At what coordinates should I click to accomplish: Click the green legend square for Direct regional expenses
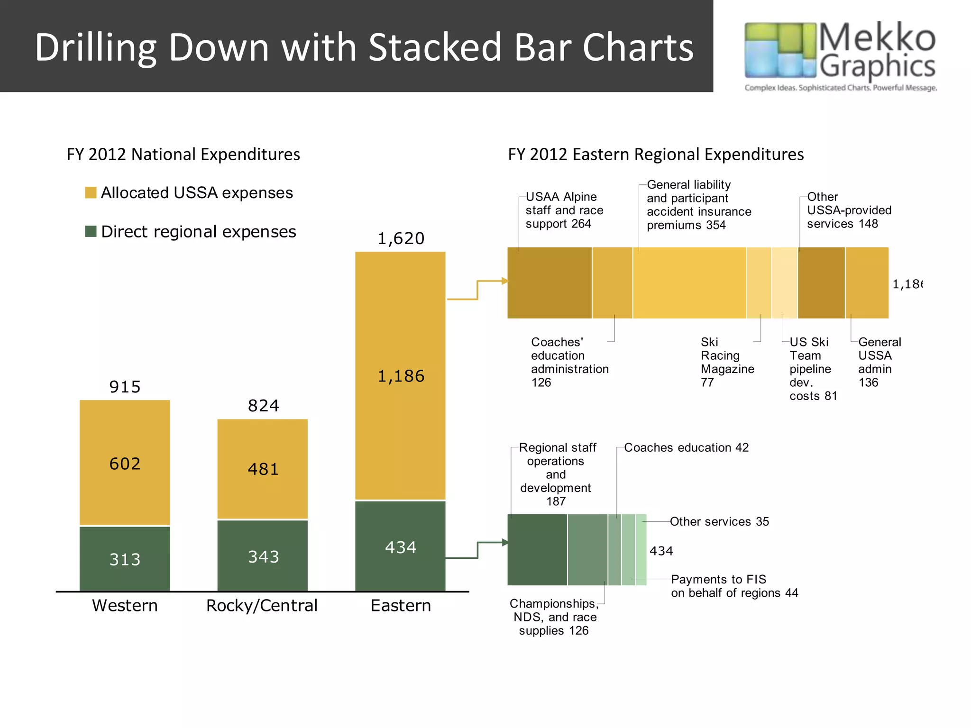91,231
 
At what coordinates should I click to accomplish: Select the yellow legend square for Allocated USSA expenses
91,192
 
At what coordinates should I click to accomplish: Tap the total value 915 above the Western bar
125,387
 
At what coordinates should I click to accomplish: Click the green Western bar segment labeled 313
125,559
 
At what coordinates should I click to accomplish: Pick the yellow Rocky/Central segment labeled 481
263,469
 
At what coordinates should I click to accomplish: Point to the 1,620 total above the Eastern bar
401,238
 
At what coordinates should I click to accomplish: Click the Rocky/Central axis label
262,605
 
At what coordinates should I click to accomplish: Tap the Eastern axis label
401,605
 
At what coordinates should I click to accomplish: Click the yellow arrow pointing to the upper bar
478,289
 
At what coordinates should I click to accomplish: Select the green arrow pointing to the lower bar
478,550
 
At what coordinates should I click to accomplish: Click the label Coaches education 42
686,447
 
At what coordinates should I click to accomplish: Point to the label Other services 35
719,521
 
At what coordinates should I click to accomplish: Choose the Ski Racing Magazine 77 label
726,362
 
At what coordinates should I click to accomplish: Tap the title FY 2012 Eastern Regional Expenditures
656,155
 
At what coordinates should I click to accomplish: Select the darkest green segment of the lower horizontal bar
537,550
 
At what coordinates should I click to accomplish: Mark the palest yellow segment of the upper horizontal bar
784,282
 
